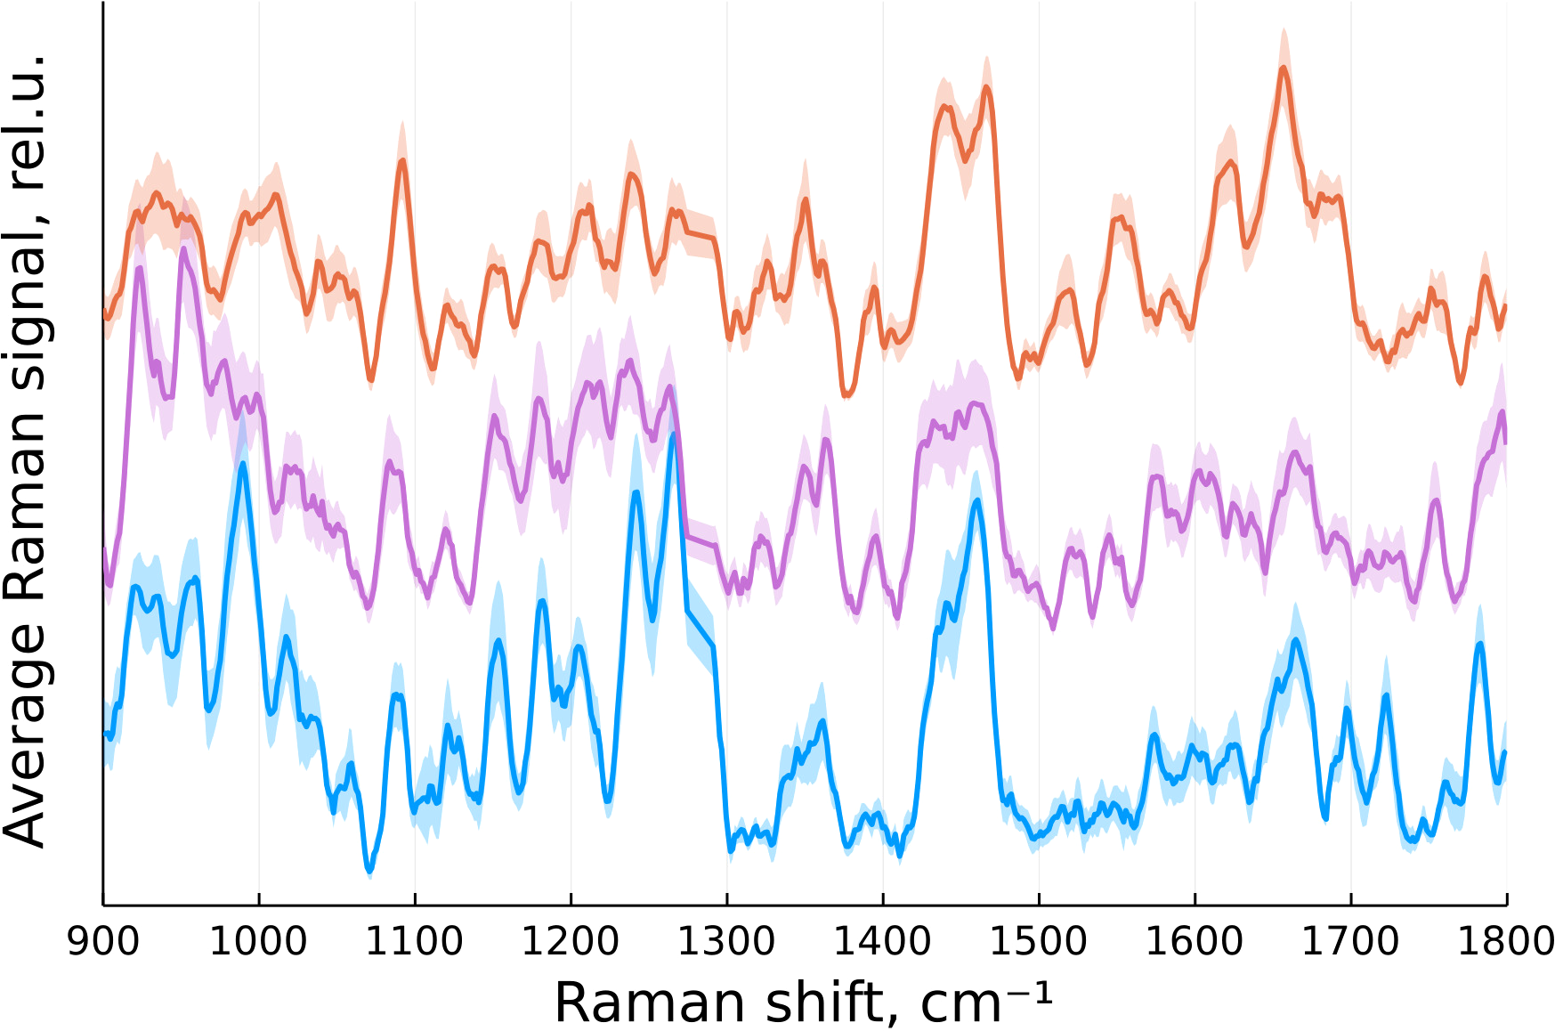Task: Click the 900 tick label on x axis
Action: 103,941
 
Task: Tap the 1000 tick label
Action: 259,941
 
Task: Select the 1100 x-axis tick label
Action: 415,941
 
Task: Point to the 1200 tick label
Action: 571,941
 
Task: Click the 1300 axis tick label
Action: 727,941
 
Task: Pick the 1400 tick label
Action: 883,941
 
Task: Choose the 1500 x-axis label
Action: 1039,941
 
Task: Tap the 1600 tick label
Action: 1195,941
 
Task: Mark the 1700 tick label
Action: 1351,941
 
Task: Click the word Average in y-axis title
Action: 25,735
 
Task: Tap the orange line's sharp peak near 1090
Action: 402,161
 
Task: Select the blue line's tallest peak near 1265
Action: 674,434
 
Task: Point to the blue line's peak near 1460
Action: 977,500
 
